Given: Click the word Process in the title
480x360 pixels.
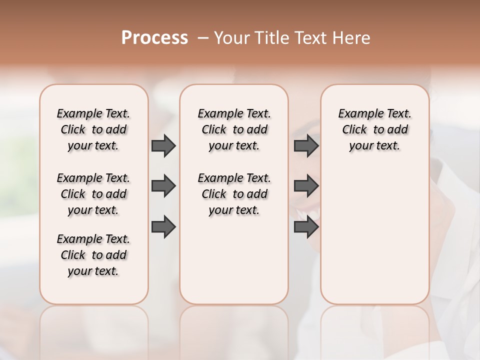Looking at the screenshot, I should pos(154,38).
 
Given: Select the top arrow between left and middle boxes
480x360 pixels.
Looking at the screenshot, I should pos(163,145).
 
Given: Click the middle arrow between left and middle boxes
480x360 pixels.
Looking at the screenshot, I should pos(163,186).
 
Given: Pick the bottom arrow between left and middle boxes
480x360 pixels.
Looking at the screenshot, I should pos(163,227).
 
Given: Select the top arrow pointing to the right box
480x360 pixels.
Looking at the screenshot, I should pos(306,145).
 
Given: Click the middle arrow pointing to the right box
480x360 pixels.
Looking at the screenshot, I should pos(306,186).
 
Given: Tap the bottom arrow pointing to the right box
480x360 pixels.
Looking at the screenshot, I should pos(306,227).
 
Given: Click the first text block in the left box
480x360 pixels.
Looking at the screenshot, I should pos(93,129).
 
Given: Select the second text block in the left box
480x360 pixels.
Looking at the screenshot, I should pos(93,194).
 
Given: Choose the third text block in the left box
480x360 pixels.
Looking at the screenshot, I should pos(93,255).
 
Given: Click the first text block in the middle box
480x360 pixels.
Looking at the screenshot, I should pos(234,129).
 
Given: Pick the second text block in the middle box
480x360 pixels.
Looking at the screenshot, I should pos(234,194).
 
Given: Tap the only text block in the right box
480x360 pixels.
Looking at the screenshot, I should pos(374,129).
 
